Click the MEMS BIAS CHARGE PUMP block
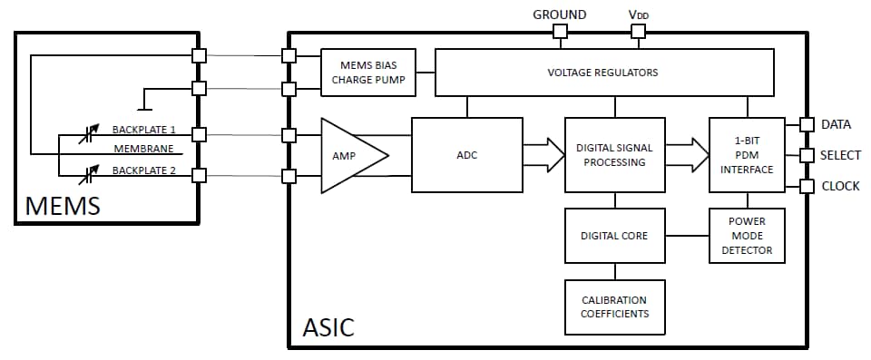coord(368,72)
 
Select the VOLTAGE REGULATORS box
coord(604,72)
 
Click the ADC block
coord(466,155)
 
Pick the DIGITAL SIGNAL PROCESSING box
coord(615,155)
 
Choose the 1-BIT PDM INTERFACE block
coord(747,155)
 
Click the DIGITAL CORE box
coord(614,236)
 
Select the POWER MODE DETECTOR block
coord(747,236)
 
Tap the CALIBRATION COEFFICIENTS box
coord(614,307)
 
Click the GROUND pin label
coord(559,15)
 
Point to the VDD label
coord(638,15)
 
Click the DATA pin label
coord(836,124)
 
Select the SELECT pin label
coord(840,155)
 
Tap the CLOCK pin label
coord(840,187)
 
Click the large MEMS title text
coord(63,206)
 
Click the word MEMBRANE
coord(142,149)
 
